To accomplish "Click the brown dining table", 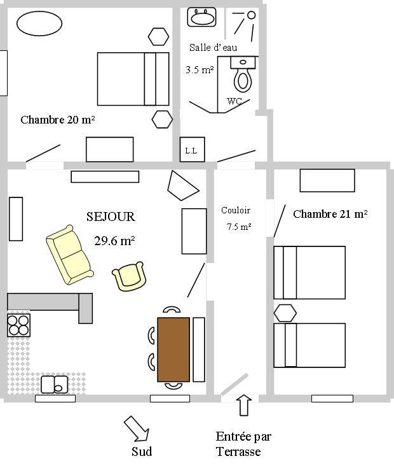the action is point(173,350).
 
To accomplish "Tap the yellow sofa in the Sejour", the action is point(70,255).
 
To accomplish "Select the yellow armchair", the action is point(130,276).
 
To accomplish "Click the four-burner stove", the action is point(18,325).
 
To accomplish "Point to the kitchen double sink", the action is point(54,385).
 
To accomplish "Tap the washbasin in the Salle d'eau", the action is point(201,17).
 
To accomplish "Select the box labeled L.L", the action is point(192,150).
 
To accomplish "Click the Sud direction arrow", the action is point(137,429).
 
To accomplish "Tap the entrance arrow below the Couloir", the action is point(244,405).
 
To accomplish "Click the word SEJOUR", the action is point(111,216).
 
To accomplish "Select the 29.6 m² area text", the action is point(114,241).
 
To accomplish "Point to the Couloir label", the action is point(236,210).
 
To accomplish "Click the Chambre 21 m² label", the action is point(330,214).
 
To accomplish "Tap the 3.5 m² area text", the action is point(200,69).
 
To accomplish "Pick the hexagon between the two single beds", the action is point(285,313).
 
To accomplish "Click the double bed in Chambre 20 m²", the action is point(133,79).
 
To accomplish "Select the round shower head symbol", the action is point(252,15).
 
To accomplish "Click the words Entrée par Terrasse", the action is point(243,444).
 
